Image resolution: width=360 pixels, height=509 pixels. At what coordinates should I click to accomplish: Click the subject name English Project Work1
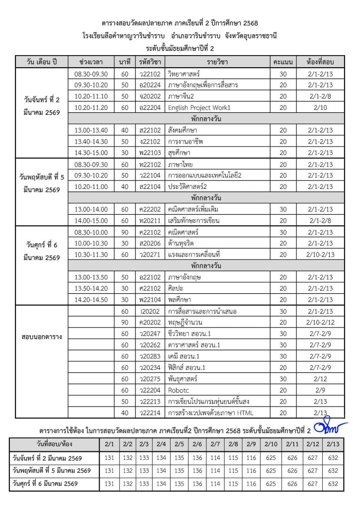(x=199, y=107)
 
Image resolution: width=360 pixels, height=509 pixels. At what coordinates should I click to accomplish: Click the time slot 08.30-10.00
(x=91, y=232)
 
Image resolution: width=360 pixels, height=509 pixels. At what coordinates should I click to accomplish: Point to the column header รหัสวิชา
(x=150, y=62)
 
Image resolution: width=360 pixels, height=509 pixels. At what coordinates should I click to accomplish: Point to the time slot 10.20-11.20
(x=91, y=107)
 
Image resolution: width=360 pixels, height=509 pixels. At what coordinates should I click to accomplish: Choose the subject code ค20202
(x=150, y=322)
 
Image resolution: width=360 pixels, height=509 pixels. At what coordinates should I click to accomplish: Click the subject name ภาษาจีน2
(x=181, y=96)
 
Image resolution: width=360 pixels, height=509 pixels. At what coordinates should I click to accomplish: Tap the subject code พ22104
(x=150, y=299)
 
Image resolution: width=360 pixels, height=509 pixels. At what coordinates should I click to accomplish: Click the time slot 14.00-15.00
(x=91, y=220)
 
